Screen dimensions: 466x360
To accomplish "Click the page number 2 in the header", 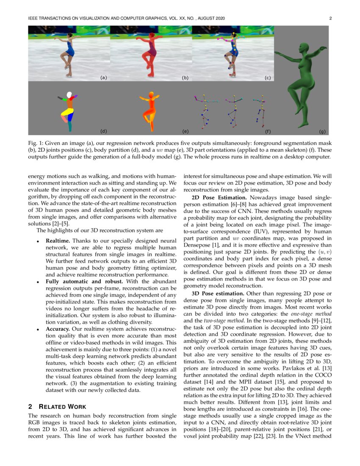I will pyautogui.click(x=330, y=18).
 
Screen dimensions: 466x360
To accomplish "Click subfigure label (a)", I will pyautogui.click(x=103, y=78).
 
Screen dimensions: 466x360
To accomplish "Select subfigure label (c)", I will pyautogui.click(x=267, y=78).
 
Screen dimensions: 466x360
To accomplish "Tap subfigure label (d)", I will pyautogui.click(x=103, y=131).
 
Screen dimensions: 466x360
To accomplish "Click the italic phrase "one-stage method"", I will pyautogui.click(x=310, y=314).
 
